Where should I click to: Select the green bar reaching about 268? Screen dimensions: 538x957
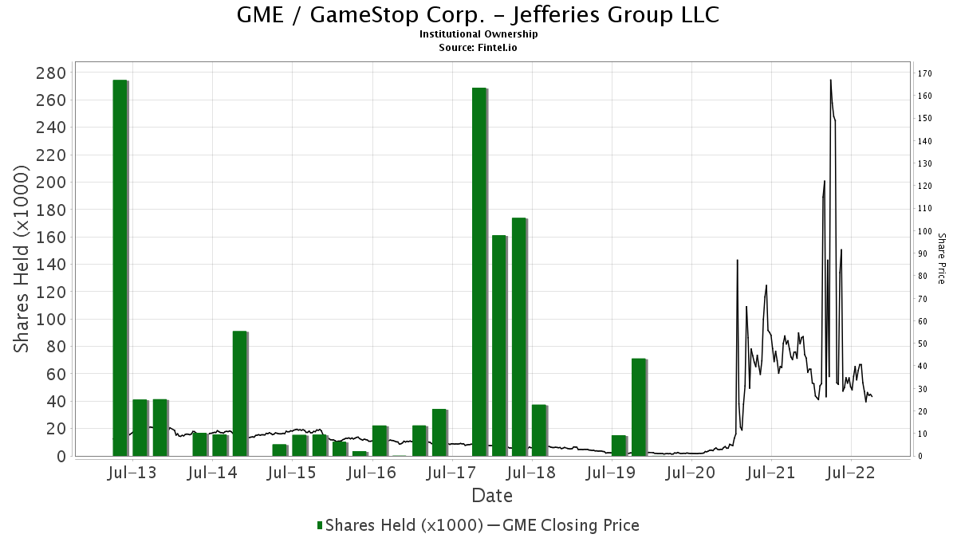(478, 271)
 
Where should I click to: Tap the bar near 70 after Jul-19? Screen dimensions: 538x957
(638, 406)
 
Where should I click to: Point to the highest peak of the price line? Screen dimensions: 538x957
(830, 81)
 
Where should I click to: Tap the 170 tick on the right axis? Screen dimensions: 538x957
(925, 73)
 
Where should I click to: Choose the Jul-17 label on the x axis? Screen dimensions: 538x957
(451, 473)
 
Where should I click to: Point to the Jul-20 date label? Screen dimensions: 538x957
(691, 473)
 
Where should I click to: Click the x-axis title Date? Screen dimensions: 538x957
(492, 496)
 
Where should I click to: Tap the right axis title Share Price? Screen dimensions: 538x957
(941, 258)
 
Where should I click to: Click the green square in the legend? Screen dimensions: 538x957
(320, 525)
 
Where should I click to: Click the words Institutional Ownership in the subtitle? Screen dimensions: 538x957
(478, 34)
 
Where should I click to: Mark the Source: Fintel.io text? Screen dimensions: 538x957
(478, 48)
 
